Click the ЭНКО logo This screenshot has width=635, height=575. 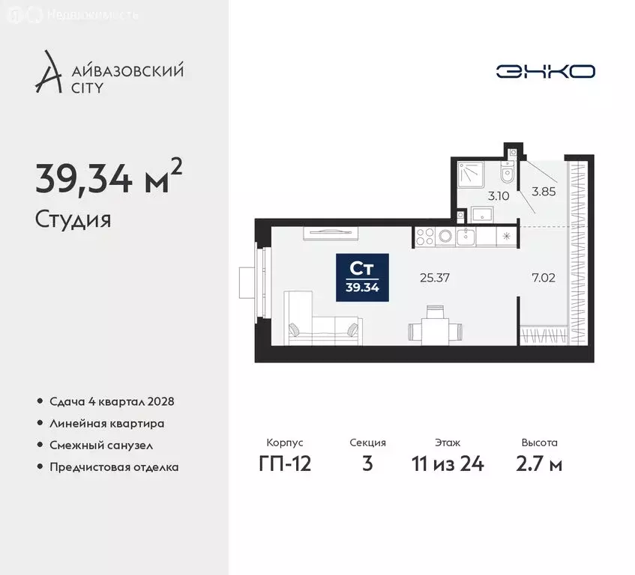546,71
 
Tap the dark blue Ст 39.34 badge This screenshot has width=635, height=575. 362,277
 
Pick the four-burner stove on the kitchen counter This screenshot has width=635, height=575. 425,237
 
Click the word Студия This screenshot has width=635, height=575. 73,220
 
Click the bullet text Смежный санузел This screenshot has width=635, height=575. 101,445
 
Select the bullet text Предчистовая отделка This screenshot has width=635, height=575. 114,466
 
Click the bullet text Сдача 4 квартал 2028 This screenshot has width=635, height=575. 112,401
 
